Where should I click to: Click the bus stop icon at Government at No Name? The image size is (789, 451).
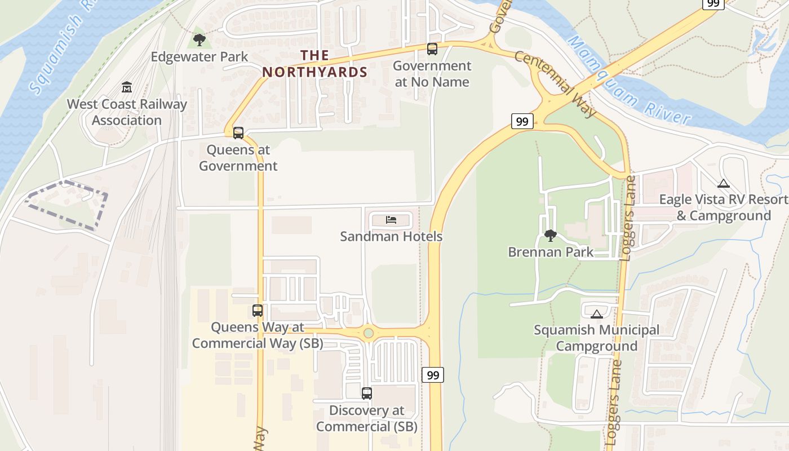pyautogui.click(x=432, y=49)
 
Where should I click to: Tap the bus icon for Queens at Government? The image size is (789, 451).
pyautogui.click(x=238, y=134)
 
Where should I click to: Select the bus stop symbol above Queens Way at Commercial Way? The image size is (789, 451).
pyautogui.click(x=258, y=311)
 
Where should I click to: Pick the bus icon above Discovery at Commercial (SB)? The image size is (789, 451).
pyautogui.click(x=367, y=393)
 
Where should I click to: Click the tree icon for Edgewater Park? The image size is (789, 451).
pyautogui.click(x=199, y=39)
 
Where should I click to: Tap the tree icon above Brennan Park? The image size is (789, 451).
pyautogui.click(x=551, y=235)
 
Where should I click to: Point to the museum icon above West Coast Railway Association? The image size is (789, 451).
pyautogui.click(x=127, y=87)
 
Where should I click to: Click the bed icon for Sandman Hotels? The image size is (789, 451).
pyautogui.click(x=391, y=219)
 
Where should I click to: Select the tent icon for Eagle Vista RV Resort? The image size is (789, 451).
pyautogui.click(x=724, y=183)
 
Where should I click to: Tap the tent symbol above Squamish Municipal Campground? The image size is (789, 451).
pyautogui.click(x=597, y=313)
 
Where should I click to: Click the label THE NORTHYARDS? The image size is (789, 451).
pyautogui.click(x=315, y=64)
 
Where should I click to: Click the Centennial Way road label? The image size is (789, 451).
pyautogui.click(x=555, y=85)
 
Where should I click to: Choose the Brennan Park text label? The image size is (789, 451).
pyautogui.click(x=551, y=252)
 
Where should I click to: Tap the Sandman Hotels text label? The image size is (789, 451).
pyautogui.click(x=391, y=237)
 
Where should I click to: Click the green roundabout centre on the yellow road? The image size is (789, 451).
pyautogui.click(x=369, y=333)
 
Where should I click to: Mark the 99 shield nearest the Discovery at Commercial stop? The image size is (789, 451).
pyautogui.click(x=433, y=375)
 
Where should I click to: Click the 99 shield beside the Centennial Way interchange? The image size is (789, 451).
pyautogui.click(x=522, y=121)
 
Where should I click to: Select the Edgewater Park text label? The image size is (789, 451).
pyautogui.click(x=200, y=57)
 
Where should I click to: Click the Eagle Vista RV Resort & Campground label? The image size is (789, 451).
pyautogui.click(x=724, y=207)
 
